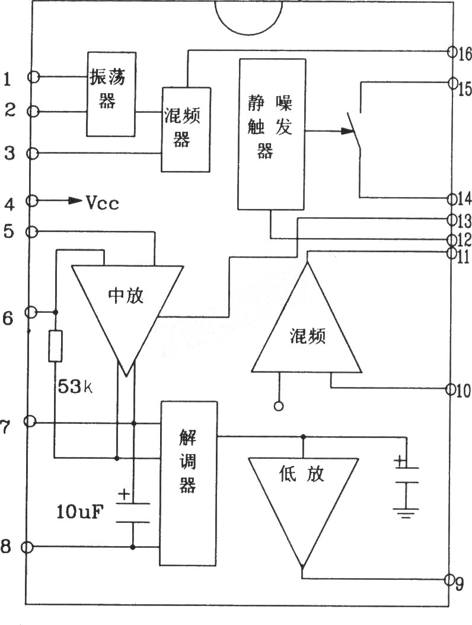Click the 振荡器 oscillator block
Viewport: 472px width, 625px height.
point(111,94)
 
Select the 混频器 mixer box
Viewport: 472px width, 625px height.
point(186,129)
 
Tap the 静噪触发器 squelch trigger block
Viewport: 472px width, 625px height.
point(272,134)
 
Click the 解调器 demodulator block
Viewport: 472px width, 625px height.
point(189,483)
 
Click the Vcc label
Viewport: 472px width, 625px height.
point(103,203)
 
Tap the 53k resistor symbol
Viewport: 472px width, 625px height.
point(55,346)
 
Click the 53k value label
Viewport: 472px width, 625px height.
point(75,386)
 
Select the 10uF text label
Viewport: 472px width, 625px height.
point(80,512)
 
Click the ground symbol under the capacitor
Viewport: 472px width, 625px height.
point(406,513)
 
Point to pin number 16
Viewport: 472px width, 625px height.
point(464,53)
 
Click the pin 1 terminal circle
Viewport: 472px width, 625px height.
point(34,77)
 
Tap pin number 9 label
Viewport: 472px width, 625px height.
point(460,583)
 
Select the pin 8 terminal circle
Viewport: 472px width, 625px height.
point(27,547)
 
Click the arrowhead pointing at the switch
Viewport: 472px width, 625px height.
point(347,131)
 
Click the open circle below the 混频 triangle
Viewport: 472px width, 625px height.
point(279,406)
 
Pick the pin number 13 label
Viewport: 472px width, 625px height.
point(464,221)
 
